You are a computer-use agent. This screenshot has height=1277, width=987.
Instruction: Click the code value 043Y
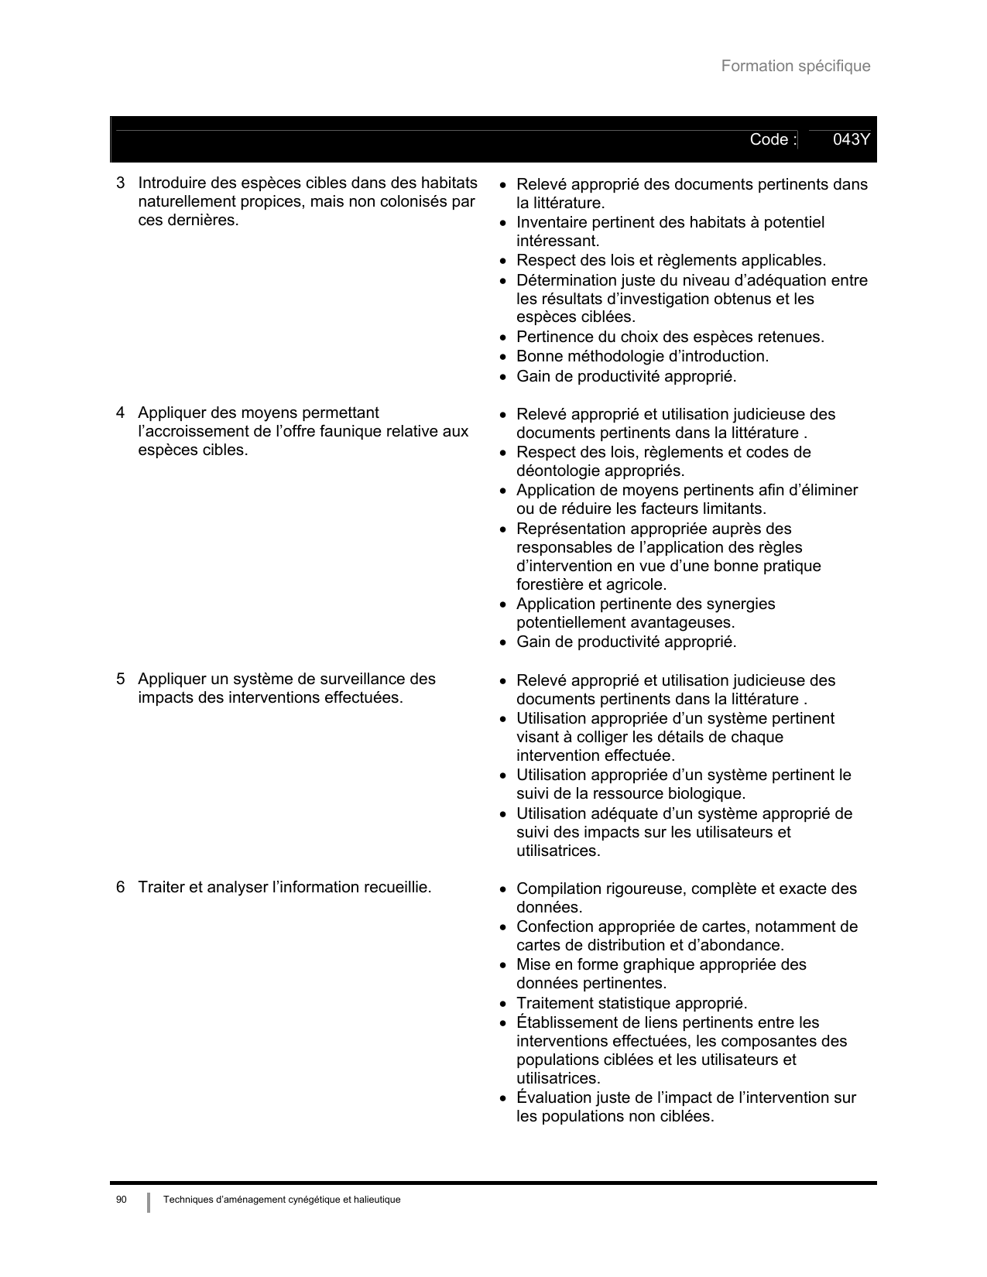[x=851, y=140]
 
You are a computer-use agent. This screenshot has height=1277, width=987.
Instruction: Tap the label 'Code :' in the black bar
[x=773, y=140]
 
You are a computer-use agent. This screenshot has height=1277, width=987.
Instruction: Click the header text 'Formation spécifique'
[x=795, y=67]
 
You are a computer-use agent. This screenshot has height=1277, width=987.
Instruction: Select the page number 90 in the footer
[x=121, y=1200]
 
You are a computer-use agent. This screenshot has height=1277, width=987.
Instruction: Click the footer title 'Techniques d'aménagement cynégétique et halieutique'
[x=282, y=1200]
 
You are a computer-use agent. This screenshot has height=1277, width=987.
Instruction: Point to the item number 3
[x=121, y=183]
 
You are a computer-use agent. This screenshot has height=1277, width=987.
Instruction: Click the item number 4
[x=121, y=413]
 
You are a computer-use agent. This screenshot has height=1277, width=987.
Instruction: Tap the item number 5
[x=121, y=680]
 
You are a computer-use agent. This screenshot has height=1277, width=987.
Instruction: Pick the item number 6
[x=121, y=887]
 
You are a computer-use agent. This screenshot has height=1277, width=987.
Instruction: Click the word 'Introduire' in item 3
[x=172, y=183]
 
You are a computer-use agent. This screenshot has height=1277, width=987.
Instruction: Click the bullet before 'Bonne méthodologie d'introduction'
[x=503, y=358]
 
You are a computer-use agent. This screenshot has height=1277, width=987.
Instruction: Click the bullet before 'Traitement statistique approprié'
[x=503, y=1005]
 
